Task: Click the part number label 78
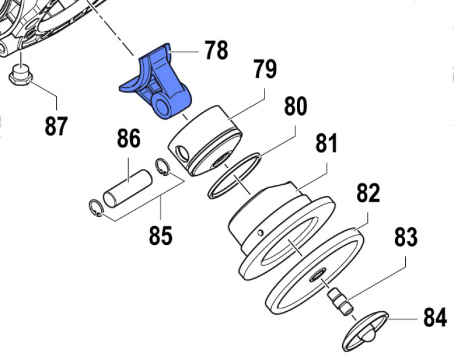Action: (216, 50)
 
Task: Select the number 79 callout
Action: (264, 70)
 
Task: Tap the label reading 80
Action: (295, 106)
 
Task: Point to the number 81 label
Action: (326, 144)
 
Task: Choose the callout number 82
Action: (368, 193)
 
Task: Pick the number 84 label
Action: (435, 319)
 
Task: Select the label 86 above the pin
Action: (128, 138)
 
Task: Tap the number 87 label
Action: (56, 126)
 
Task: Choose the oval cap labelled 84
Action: (365, 331)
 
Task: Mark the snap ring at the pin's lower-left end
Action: (97, 209)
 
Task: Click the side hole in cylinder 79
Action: (182, 151)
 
